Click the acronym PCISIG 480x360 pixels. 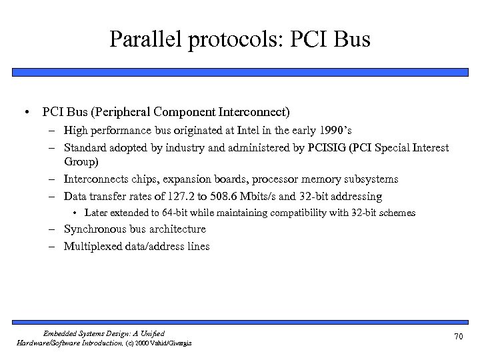pos(326,147)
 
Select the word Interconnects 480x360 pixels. pos(95,179)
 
